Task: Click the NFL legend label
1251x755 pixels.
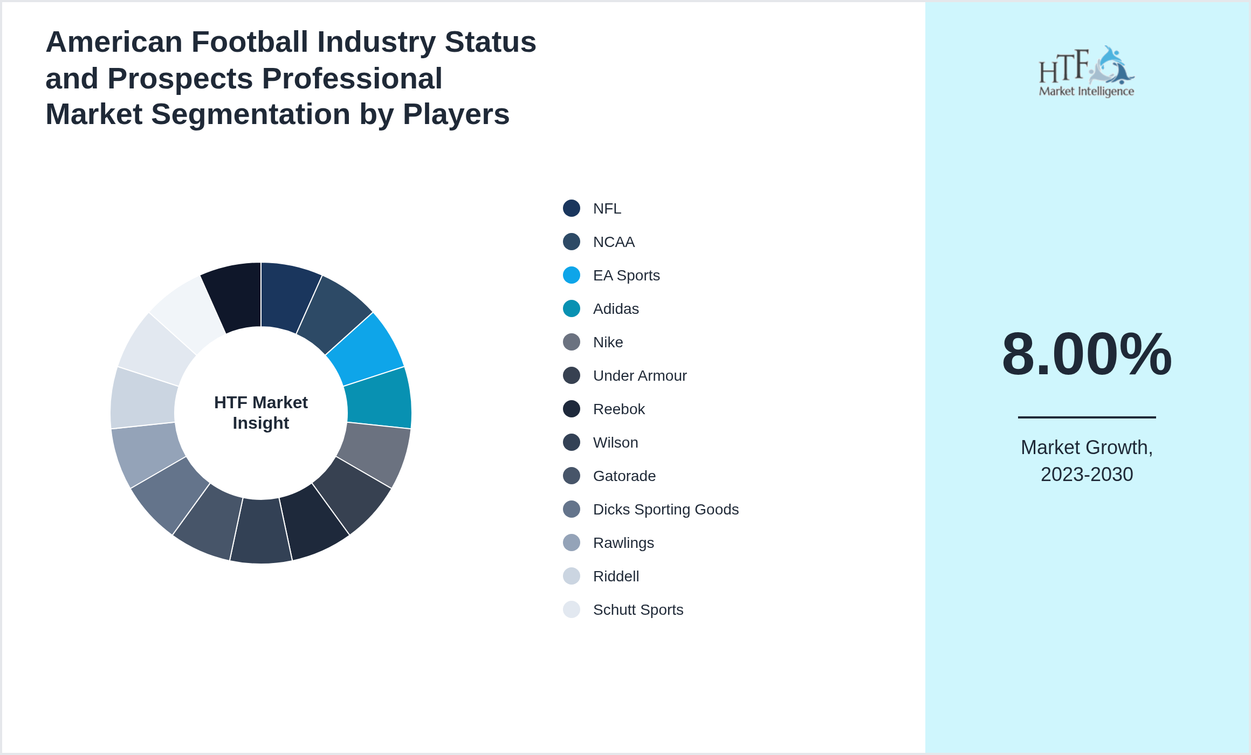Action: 607,209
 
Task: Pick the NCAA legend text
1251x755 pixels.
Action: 614,242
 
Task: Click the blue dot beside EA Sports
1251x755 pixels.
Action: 572,275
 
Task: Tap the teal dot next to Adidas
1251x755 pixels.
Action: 572,308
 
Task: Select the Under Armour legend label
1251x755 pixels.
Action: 640,376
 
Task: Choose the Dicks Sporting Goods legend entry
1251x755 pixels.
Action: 665,510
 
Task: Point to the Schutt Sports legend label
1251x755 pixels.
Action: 638,610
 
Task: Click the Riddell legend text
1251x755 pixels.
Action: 616,576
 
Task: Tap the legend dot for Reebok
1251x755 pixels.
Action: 572,409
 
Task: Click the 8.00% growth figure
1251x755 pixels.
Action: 1087,354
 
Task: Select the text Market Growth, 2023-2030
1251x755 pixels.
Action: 1087,461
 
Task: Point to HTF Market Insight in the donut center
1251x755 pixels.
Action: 261,413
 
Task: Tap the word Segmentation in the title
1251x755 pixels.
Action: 251,114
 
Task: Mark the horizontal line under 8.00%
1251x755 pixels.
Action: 1087,417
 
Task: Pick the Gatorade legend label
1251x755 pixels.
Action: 624,476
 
